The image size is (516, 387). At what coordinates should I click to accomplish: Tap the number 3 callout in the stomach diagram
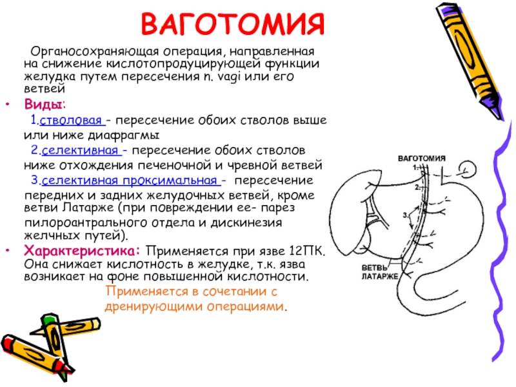tap(404, 213)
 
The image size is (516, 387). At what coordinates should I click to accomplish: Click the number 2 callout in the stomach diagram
tap(417, 187)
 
